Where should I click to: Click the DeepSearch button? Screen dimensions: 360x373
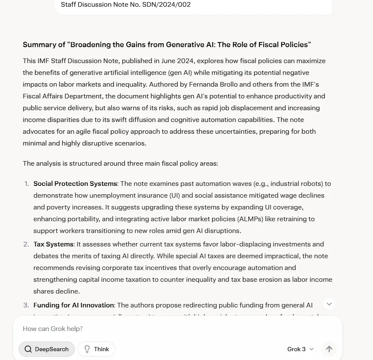tap(47, 349)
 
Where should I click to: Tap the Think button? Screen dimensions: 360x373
tap(96, 349)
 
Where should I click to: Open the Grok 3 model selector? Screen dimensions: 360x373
tap(301, 349)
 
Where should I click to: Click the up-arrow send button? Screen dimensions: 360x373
tap(329, 349)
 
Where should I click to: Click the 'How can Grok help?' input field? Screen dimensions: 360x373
tap(168, 328)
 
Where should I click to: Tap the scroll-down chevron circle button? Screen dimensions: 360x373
tap(329, 304)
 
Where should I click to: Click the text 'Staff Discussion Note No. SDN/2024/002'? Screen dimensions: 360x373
tap(126, 5)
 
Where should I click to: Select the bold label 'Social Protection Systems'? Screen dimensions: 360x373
tap(75, 184)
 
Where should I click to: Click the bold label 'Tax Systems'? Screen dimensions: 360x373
tap(53, 244)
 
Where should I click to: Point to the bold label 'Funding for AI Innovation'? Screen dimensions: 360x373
tap(74, 305)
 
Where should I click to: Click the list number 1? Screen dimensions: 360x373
tap(27, 184)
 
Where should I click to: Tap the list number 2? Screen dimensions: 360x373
tap(26, 244)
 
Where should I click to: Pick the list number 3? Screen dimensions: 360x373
tap(26, 305)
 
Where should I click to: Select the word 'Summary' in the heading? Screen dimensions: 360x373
tap(39, 45)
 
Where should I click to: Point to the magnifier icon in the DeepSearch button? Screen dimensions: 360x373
tap(28, 349)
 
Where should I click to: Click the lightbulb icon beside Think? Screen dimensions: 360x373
tap(87, 349)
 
